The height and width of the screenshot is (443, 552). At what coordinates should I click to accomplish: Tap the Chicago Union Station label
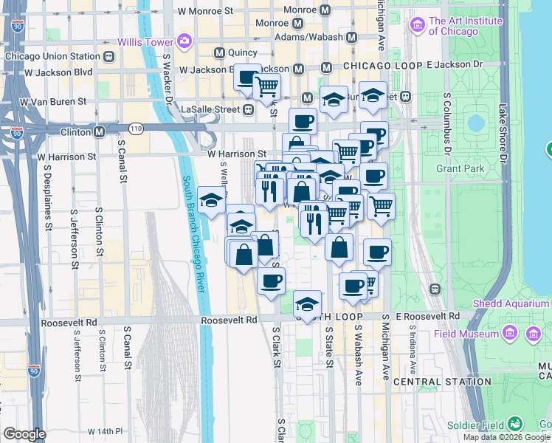click(x=52, y=56)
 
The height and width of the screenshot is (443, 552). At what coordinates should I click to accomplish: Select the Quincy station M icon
click(x=219, y=53)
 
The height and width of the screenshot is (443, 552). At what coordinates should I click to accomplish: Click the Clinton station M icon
click(x=98, y=131)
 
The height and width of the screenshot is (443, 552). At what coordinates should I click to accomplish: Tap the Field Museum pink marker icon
click(x=532, y=334)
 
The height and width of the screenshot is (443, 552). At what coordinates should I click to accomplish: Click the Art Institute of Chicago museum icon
click(x=418, y=26)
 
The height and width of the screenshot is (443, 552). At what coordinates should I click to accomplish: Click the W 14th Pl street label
click(x=107, y=430)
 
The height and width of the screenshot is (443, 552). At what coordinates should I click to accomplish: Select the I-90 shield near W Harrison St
click(x=16, y=133)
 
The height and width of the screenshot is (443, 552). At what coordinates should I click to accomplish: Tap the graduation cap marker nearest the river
click(x=211, y=200)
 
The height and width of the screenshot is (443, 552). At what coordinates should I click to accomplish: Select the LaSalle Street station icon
click(x=249, y=109)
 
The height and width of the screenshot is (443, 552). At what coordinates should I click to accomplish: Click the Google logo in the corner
click(x=24, y=434)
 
